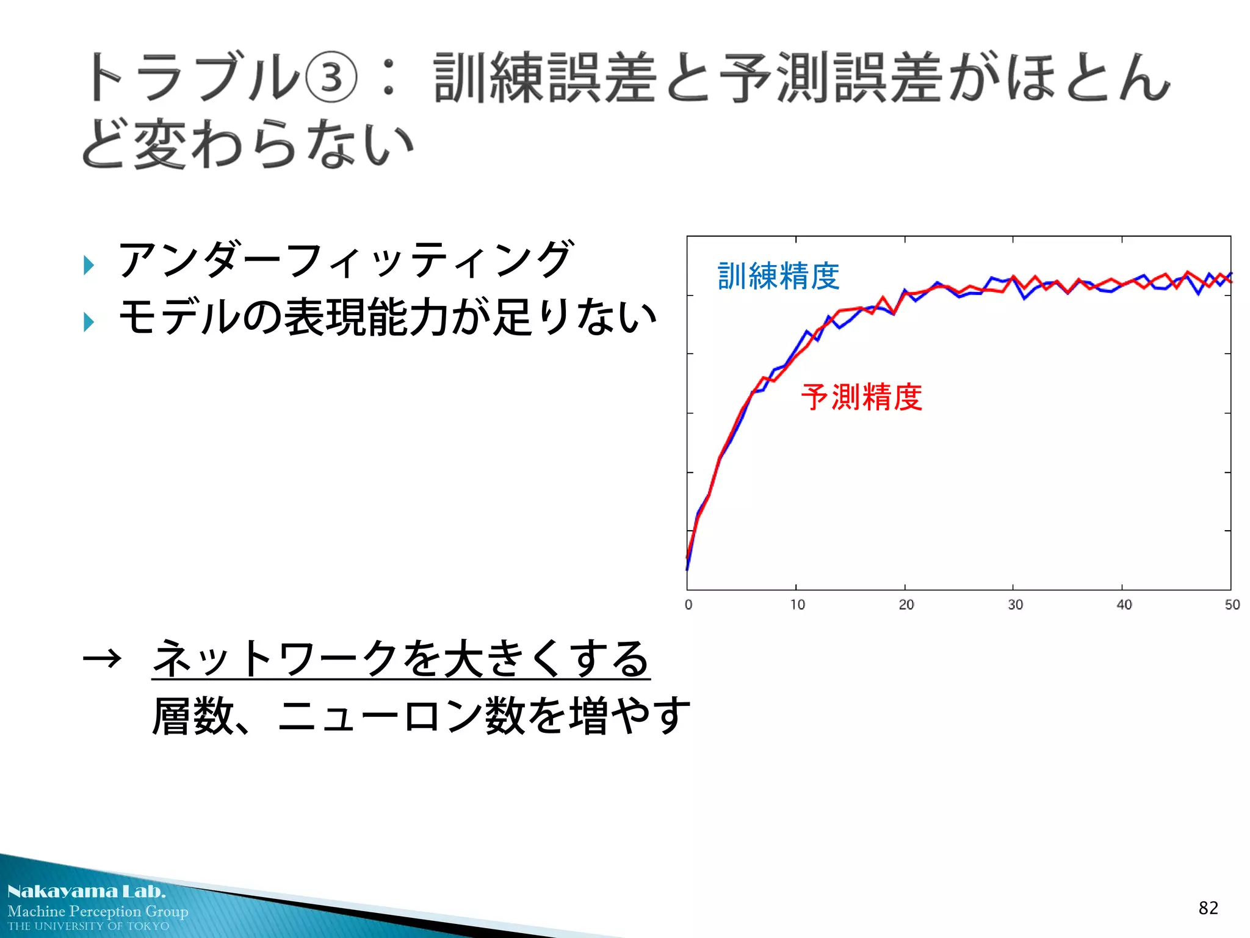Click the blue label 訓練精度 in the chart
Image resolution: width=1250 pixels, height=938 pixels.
click(778, 276)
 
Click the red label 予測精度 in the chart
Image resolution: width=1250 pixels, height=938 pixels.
click(861, 398)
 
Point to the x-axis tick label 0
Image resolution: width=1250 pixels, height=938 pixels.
click(688, 605)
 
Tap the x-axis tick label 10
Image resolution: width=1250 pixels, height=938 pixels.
click(797, 605)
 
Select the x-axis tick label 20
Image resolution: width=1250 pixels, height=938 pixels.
click(906, 605)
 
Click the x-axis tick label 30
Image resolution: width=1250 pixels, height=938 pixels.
click(1015, 605)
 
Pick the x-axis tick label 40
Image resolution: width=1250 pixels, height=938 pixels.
click(1124, 605)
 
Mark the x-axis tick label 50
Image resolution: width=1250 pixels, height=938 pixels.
click(1232, 605)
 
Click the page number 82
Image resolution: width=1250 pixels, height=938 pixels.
click(1208, 908)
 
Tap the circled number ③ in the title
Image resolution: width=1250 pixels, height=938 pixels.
click(330, 78)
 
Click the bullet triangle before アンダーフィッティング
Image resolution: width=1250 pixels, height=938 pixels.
click(89, 265)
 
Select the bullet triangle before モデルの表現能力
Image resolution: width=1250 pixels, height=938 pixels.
click(89, 321)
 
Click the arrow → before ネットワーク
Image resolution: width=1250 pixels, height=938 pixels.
click(103, 659)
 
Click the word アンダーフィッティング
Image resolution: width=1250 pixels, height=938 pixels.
click(345, 260)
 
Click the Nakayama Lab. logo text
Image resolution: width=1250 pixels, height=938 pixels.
click(86, 892)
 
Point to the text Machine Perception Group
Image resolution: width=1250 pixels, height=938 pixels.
click(98, 911)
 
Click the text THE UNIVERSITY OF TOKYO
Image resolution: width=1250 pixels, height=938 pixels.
click(89, 926)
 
